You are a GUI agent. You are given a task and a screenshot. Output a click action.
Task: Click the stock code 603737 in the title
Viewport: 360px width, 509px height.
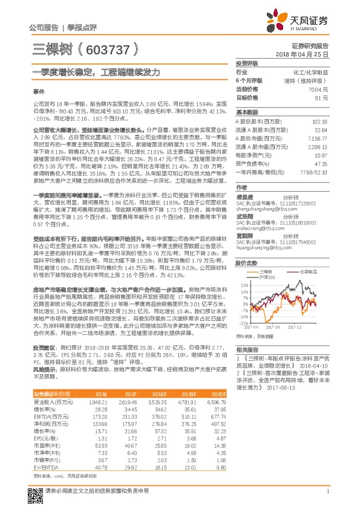point(106,48)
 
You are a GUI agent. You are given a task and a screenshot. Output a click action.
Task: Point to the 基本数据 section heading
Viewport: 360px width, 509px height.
point(247,112)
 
